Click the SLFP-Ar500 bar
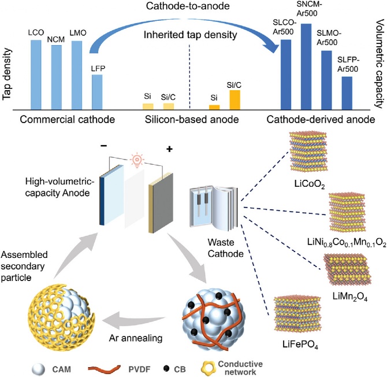[347, 93]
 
